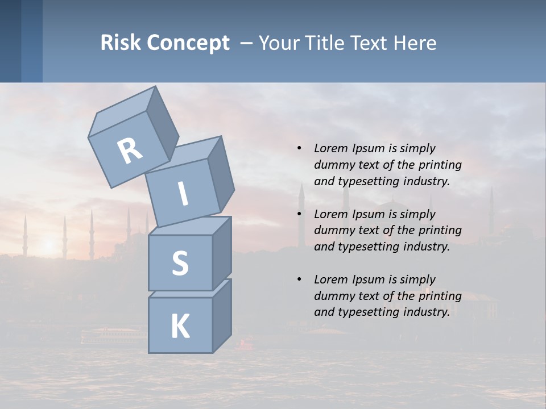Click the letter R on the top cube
(130, 151)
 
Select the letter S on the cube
(180, 263)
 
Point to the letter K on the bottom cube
(180, 327)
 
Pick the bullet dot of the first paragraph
(299, 149)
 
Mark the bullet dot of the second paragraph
(299, 214)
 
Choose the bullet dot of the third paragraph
(299, 279)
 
